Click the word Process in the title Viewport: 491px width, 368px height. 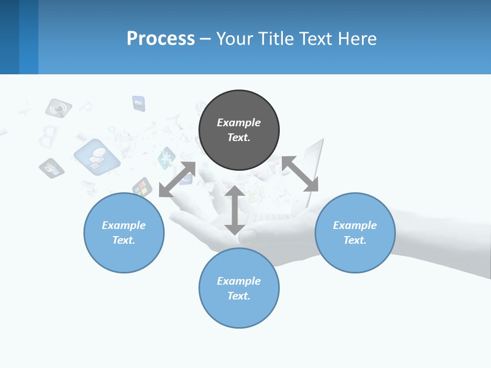click(x=161, y=39)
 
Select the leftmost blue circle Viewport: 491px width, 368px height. click(x=124, y=256)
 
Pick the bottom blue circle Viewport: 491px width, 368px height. click(x=239, y=312)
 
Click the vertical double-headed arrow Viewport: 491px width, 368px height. click(x=234, y=210)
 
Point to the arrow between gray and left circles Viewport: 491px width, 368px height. click(x=177, y=179)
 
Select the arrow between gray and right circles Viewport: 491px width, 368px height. click(x=300, y=174)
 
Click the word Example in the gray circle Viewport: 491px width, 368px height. click(x=239, y=123)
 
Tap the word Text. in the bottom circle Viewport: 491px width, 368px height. click(x=239, y=296)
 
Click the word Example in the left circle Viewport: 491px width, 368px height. click(x=124, y=225)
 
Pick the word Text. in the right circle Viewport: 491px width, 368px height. click(x=355, y=240)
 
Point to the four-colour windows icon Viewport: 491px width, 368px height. click(x=142, y=188)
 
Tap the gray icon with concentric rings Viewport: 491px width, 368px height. click(x=58, y=108)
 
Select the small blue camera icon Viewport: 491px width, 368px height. click(x=139, y=103)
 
